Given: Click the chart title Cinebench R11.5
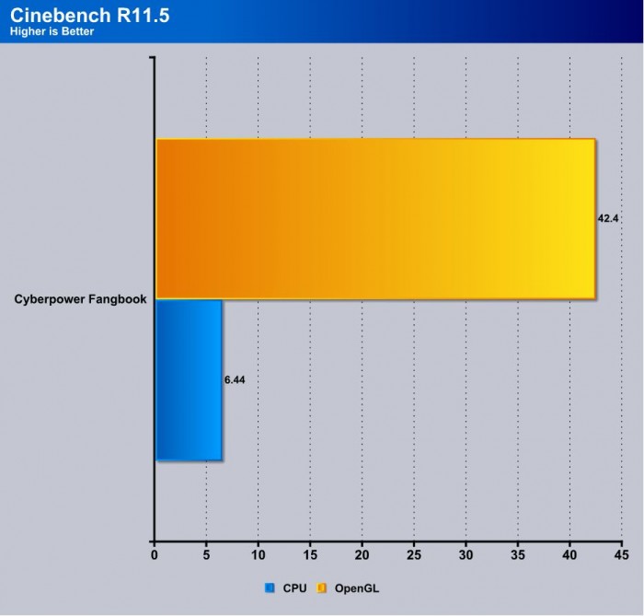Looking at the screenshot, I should click(89, 16).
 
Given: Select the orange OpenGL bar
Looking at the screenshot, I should click(375, 218).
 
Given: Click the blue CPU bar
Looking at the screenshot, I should click(189, 378).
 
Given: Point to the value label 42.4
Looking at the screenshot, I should click(608, 218).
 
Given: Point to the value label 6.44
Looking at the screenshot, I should click(236, 378).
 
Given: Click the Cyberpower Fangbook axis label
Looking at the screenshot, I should click(80, 299).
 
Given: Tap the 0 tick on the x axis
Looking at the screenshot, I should click(155, 556).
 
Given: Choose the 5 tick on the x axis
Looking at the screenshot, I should click(206, 556).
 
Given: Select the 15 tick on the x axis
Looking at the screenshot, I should click(310, 556).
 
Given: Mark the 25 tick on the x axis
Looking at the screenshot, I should click(414, 556).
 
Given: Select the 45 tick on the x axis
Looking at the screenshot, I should click(622, 556).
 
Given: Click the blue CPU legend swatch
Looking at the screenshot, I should click(270, 587).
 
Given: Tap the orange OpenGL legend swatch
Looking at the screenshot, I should click(323, 587).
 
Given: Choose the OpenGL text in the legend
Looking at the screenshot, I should click(355, 587).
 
